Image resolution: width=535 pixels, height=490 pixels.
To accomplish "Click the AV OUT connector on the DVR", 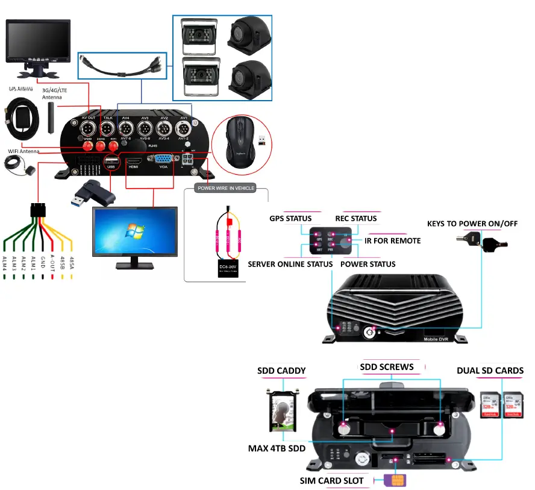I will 89,129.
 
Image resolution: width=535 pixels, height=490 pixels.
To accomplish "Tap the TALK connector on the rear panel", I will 107,129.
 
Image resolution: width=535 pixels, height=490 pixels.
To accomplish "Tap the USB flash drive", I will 93,192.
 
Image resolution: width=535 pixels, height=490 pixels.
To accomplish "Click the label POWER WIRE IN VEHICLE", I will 226,188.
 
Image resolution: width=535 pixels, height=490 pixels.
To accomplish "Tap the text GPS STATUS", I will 290,218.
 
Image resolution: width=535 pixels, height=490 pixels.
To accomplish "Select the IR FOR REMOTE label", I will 393,240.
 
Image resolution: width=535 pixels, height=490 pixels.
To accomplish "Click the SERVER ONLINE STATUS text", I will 290,264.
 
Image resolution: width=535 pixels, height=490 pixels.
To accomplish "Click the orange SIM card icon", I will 396,480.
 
